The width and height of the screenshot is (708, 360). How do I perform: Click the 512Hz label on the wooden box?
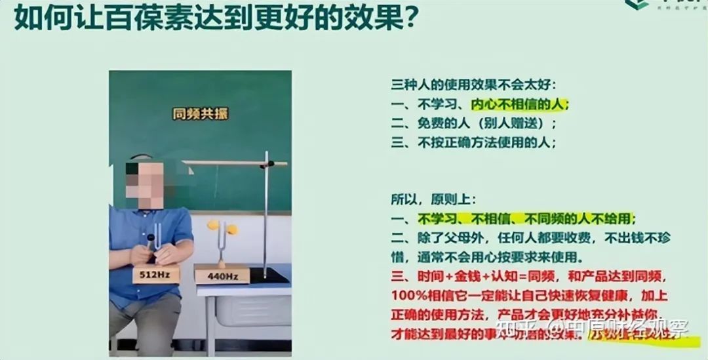click(x=155, y=274)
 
